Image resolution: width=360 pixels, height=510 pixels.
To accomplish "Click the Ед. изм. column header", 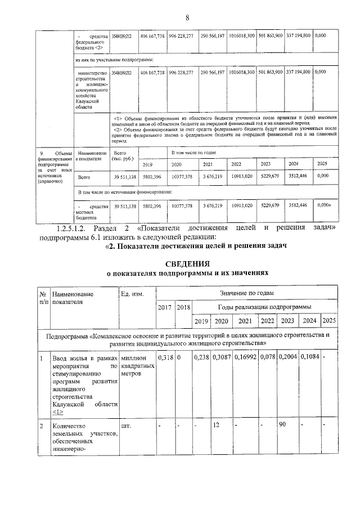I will pos(132,294).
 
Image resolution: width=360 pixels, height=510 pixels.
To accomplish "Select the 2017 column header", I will pos(165,307).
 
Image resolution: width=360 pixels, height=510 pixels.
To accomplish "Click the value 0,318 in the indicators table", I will pos(165,358).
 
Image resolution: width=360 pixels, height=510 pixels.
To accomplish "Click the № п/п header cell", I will pos(43,298).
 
